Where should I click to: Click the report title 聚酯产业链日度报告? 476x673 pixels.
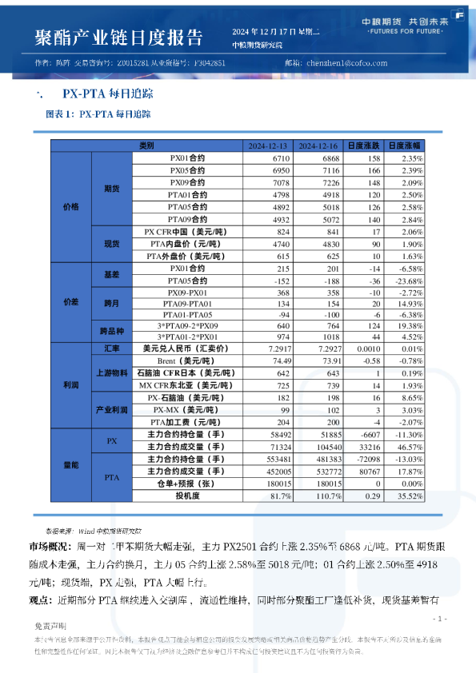(x=118, y=38)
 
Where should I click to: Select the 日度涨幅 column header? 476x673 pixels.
(x=405, y=146)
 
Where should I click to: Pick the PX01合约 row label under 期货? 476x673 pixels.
(x=186, y=158)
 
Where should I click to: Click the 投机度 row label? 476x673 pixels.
(x=186, y=495)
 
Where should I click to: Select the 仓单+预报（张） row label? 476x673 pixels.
(x=186, y=483)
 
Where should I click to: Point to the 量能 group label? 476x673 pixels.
(x=71, y=464)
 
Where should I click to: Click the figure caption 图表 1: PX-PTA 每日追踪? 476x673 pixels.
(x=98, y=114)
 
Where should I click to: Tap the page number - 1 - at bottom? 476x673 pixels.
(x=438, y=619)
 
